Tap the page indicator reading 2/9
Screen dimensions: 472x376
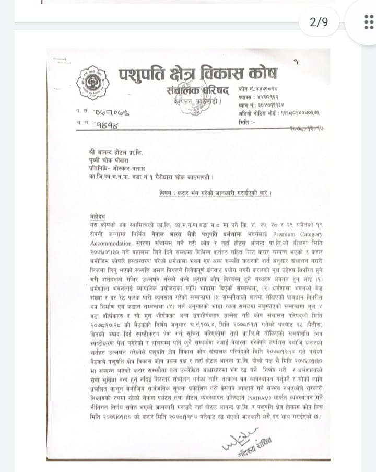pyautogui.click(x=319, y=22)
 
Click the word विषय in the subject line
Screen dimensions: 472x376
pyautogui.click(x=168, y=193)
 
